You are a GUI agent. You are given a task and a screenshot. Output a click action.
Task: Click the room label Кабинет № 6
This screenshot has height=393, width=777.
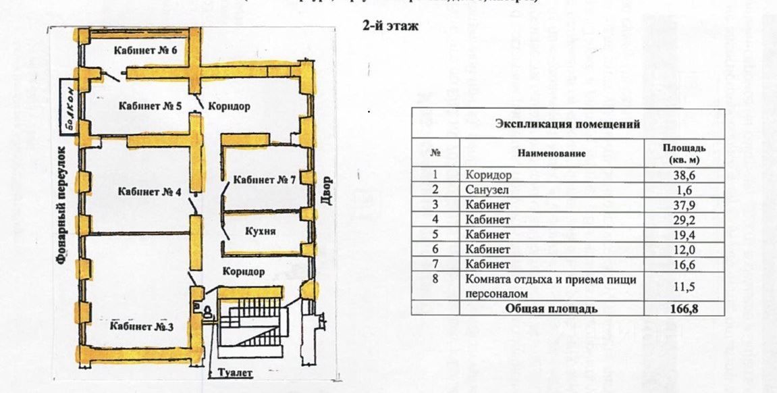click(x=145, y=51)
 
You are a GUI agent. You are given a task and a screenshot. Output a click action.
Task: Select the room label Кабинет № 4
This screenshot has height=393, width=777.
click(x=149, y=192)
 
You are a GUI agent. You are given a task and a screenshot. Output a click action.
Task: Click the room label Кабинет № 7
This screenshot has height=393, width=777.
click(x=264, y=180)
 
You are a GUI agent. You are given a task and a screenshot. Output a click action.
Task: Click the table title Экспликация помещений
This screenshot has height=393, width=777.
click(x=568, y=124)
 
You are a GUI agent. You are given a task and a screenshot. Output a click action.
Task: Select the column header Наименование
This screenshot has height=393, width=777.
click(x=552, y=153)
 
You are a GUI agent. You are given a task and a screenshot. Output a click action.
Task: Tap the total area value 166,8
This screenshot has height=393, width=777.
click(x=685, y=309)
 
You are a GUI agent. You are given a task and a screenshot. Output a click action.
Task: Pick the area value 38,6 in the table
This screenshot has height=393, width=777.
click(x=685, y=175)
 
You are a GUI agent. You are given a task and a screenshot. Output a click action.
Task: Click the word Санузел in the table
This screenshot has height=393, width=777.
click(x=486, y=190)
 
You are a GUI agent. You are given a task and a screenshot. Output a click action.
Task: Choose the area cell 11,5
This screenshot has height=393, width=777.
click(x=685, y=286)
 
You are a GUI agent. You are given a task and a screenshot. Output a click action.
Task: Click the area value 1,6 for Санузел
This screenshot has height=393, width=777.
click(x=685, y=190)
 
